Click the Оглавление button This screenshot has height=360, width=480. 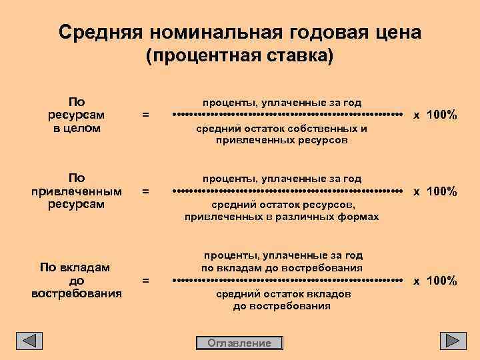239,343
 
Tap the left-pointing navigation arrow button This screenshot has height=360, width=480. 29,341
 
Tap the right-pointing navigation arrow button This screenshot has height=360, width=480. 453,341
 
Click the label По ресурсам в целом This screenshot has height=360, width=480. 77,115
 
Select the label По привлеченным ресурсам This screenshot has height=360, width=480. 77,191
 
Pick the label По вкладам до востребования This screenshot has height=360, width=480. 77,280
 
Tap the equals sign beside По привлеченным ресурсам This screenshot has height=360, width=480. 146,192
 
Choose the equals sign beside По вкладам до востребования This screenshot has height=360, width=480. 146,281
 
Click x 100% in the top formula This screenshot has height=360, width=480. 435,115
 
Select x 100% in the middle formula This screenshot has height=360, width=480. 435,192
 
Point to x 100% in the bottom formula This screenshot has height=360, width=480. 435,281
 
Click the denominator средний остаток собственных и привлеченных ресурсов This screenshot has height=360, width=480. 282,135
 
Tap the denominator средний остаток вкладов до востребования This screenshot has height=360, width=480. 282,300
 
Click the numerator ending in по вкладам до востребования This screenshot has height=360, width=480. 282,261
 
